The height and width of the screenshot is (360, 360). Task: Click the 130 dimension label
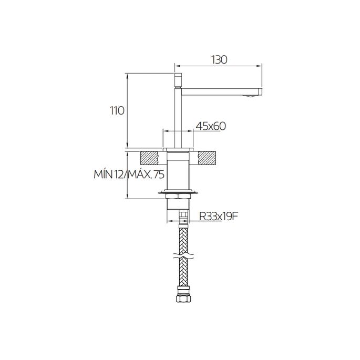220,60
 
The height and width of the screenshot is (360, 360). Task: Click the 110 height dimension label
117,111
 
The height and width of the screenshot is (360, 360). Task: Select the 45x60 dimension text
211,126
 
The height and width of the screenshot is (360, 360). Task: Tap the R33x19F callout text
218,217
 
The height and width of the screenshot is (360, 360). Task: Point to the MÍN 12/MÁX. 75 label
129,174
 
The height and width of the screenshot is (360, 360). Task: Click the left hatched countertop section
149,158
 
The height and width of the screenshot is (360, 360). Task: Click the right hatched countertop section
207,158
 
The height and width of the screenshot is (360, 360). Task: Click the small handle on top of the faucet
178,80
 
